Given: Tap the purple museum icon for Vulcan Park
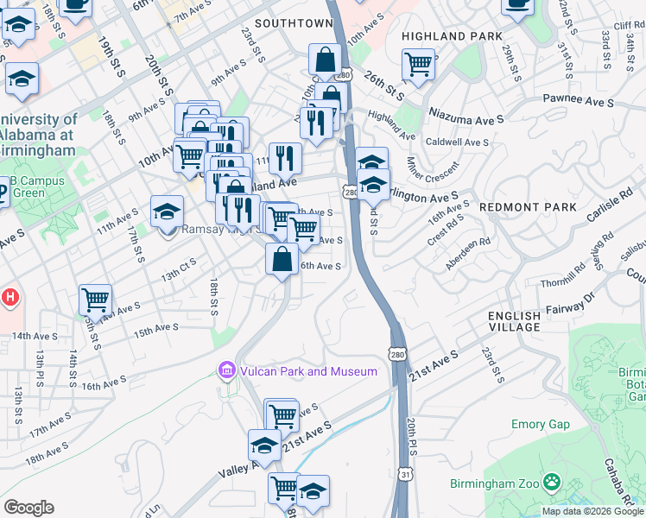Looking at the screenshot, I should coord(226,371).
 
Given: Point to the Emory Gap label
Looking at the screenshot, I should coord(541,424).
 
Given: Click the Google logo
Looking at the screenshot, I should coord(28,508).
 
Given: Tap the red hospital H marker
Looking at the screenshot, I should coord(10,298).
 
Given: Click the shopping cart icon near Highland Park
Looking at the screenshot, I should coord(418,62).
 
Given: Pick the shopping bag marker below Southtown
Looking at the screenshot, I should coord(326,60).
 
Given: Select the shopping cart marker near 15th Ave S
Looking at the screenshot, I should coord(95,300).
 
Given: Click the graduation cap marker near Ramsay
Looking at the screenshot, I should coord(167,211).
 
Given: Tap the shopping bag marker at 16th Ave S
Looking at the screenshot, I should coord(282,258).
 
